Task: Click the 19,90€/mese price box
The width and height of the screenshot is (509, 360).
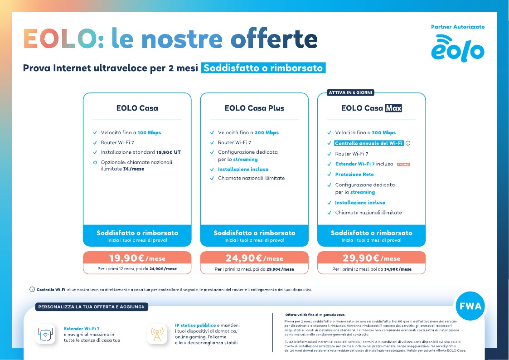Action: (x=137, y=259)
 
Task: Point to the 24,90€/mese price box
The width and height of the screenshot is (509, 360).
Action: (x=254, y=259)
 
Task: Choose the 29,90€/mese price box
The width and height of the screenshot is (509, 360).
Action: (x=372, y=259)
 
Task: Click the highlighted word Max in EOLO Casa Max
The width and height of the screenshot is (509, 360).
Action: (x=393, y=108)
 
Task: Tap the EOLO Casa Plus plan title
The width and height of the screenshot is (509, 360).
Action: (x=254, y=108)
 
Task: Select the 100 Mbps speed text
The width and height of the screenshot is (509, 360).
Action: (x=150, y=133)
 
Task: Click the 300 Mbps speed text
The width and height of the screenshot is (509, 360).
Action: (x=384, y=133)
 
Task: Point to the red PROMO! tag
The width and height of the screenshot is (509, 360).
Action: (x=403, y=164)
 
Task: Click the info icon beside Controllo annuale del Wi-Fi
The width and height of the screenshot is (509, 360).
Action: (x=408, y=143)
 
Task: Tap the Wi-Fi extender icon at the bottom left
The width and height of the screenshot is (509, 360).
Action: (x=45, y=334)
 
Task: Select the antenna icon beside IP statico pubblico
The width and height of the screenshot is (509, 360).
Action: (x=156, y=334)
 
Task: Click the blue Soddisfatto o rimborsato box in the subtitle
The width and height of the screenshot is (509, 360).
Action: (x=263, y=68)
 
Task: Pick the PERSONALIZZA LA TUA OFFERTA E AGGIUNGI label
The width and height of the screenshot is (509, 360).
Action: (x=91, y=307)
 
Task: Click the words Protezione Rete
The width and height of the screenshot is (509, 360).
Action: (x=354, y=175)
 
